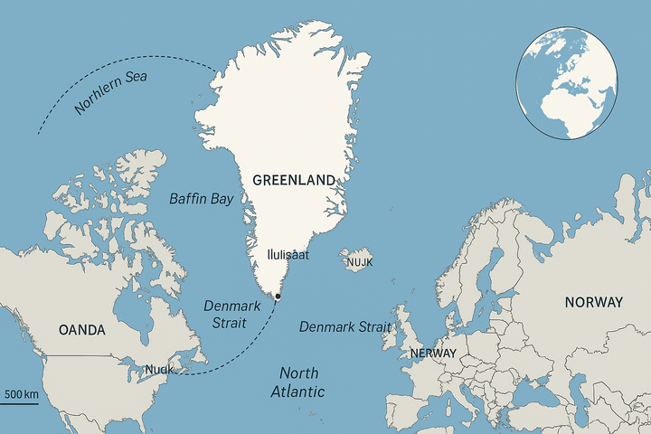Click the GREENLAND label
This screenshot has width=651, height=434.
click(x=294, y=179)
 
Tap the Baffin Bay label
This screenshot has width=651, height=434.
click(x=201, y=198)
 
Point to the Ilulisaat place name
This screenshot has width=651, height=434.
click(x=288, y=255)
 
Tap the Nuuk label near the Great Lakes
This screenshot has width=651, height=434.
click(x=159, y=369)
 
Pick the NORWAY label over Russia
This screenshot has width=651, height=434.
click(x=593, y=302)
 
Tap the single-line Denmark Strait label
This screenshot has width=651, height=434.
click(x=344, y=326)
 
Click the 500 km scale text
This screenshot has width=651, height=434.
click(x=21, y=394)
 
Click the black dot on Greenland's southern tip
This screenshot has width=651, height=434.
click(x=278, y=297)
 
